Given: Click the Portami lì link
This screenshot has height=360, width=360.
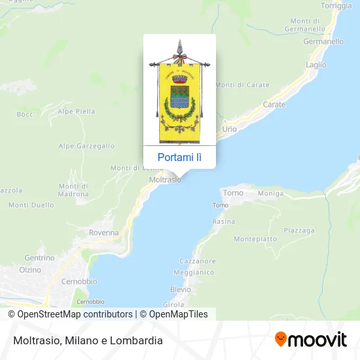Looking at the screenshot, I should click(x=179, y=157).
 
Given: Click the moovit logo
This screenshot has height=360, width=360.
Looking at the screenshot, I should click(x=310, y=339).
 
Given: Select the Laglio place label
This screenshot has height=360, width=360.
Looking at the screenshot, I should click(x=316, y=65).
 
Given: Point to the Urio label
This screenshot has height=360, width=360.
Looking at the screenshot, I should click(x=229, y=129).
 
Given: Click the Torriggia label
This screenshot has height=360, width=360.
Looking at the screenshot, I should click(x=336, y=6).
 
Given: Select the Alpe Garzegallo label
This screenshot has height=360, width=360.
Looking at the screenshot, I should click(x=86, y=146).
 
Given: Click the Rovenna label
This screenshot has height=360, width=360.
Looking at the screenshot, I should click(x=104, y=232).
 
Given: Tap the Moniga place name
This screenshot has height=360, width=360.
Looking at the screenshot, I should click(x=270, y=194).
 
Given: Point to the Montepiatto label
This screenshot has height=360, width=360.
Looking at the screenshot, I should click(x=255, y=239).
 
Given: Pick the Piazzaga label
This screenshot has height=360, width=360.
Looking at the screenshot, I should click(x=300, y=230).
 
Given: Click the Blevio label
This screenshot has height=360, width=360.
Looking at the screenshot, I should click(x=180, y=289).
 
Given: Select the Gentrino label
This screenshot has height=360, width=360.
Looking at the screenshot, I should click(x=39, y=258).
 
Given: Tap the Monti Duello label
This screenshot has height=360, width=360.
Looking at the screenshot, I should click(x=31, y=205).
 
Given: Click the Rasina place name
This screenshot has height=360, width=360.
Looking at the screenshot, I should click(x=224, y=222).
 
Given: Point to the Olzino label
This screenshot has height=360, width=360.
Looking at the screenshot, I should click(x=30, y=270).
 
